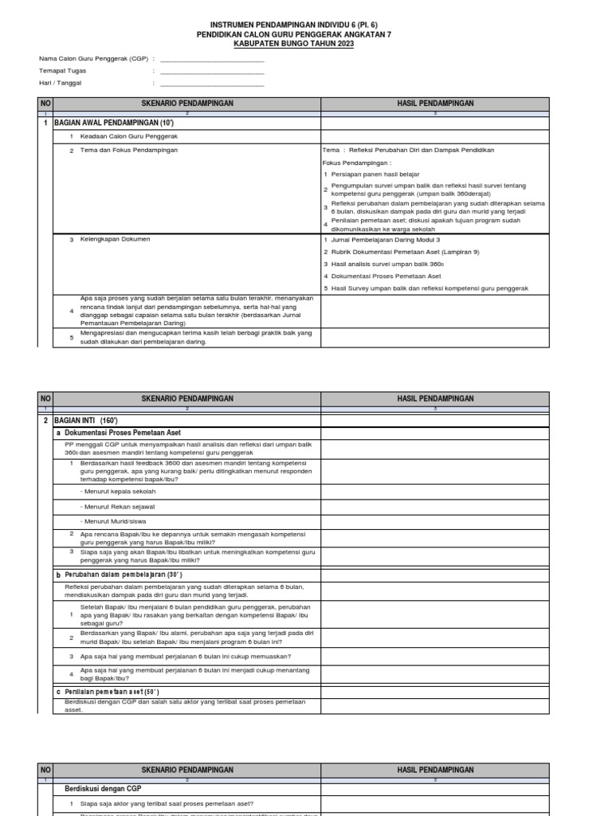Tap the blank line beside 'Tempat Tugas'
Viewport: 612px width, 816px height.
pyautogui.click(x=211, y=71)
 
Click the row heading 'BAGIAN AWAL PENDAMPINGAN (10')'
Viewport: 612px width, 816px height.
pyautogui.click(x=113, y=124)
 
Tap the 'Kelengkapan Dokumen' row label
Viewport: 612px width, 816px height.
pyautogui.click(x=116, y=239)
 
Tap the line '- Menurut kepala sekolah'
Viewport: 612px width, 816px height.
pyautogui.click(x=118, y=492)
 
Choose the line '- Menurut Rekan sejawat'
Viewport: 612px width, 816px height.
pyautogui.click(x=118, y=506)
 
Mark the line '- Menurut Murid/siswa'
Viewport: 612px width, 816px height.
pyautogui.click(x=116, y=520)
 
